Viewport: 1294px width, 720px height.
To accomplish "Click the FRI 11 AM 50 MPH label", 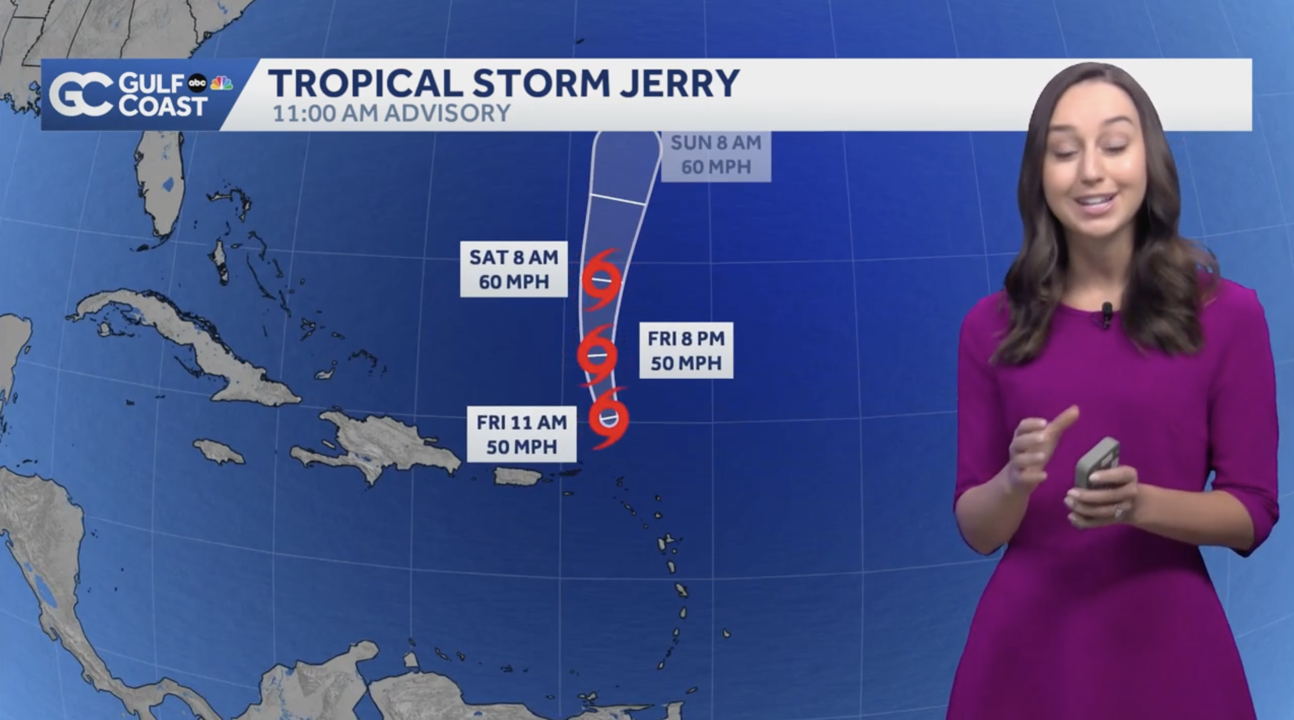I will point(522,434).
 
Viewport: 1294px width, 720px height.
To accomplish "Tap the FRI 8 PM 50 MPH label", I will point(686,350).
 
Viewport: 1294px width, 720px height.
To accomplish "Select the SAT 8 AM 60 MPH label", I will point(513,269).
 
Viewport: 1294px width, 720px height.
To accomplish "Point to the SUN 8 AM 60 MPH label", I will point(716,154).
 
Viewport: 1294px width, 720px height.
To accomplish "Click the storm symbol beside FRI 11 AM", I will point(608,417).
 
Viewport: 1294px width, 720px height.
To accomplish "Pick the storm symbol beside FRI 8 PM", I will point(597,355).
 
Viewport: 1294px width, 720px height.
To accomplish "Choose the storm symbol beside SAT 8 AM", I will point(601,279).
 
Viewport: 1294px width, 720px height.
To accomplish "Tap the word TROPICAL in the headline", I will point(365,83).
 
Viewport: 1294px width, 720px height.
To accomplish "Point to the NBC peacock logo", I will point(221,83).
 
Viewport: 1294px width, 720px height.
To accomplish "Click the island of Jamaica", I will point(219,451).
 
